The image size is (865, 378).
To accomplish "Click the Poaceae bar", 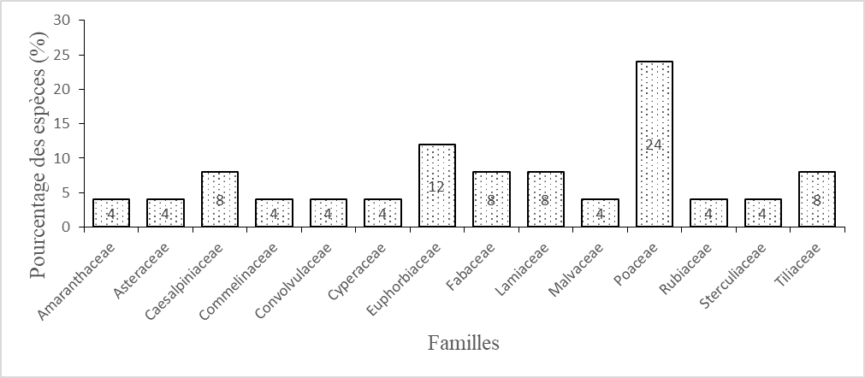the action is pos(655,144).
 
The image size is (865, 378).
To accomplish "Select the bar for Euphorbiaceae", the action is pos(437,186).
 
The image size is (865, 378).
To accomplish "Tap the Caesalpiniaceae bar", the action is pos(220,199).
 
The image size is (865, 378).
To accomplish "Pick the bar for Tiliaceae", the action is pos(817,199).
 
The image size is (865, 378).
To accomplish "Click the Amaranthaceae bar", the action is pos(111,213).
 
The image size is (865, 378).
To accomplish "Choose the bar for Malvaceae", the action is pos(601,213).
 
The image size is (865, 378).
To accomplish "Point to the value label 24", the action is pos(655,145).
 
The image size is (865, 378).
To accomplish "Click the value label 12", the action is pos(437,186).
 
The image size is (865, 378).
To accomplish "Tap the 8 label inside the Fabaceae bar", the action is pos(491,201).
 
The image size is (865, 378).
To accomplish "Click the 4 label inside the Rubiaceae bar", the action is pos(708,214).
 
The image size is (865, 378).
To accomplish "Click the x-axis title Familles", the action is pos(464,343).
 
